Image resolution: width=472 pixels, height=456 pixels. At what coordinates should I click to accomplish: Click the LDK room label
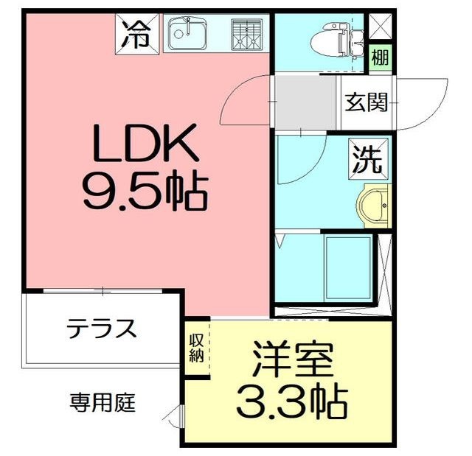(x=145, y=144)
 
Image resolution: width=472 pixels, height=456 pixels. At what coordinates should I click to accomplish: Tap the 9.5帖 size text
(x=145, y=190)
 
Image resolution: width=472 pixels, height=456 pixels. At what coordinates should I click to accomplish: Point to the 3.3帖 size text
(x=292, y=401)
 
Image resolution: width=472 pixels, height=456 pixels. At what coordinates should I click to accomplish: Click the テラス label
(x=102, y=328)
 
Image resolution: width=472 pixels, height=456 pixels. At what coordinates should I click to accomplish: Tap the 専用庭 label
(x=103, y=403)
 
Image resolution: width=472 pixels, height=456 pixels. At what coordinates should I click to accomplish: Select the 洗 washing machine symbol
(x=366, y=160)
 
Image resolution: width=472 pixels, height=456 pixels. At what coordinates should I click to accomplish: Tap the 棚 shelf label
(x=380, y=57)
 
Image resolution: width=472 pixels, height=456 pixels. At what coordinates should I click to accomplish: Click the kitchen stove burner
(x=246, y=34)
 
